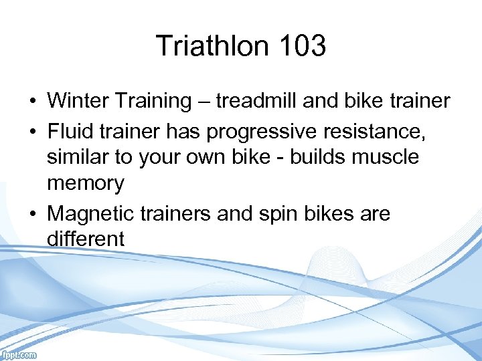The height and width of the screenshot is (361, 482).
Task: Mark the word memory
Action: point(86,183)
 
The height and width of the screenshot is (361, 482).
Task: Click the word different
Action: point(86,239)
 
